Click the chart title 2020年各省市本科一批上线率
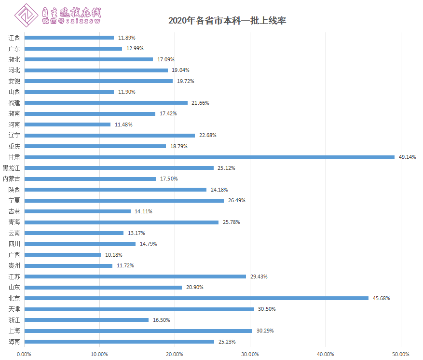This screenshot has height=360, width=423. (x=227, y=21)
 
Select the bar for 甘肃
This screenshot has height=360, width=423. (x=209, y=157)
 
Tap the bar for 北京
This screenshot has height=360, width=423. (x=196, y=298)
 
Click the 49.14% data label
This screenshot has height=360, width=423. (x=407, y=157)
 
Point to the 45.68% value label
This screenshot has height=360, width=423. (x=381, y=298)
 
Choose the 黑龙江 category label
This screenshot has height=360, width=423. (x=12, y=168)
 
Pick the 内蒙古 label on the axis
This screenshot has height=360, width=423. (x=12, y=179)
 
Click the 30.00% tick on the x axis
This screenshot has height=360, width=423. (x=250, y=354)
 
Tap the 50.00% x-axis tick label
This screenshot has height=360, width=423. (x=400, y=354)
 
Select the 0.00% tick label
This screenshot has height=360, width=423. (x=24, y=354)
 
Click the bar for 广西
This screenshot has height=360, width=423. (x=63, y=255)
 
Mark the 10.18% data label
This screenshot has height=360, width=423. (x=114, y=255)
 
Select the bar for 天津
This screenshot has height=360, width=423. (x=139, y=309)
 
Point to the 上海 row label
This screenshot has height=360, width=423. (x=14, y=331)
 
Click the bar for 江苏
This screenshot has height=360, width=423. (x=135, y=277)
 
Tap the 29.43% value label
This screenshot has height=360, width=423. (x=259, y=277)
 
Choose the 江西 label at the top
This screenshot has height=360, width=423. (x=14, y=38)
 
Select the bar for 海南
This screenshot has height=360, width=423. (x=119, y=342)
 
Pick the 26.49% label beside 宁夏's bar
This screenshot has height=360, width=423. (x=236, y=200)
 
